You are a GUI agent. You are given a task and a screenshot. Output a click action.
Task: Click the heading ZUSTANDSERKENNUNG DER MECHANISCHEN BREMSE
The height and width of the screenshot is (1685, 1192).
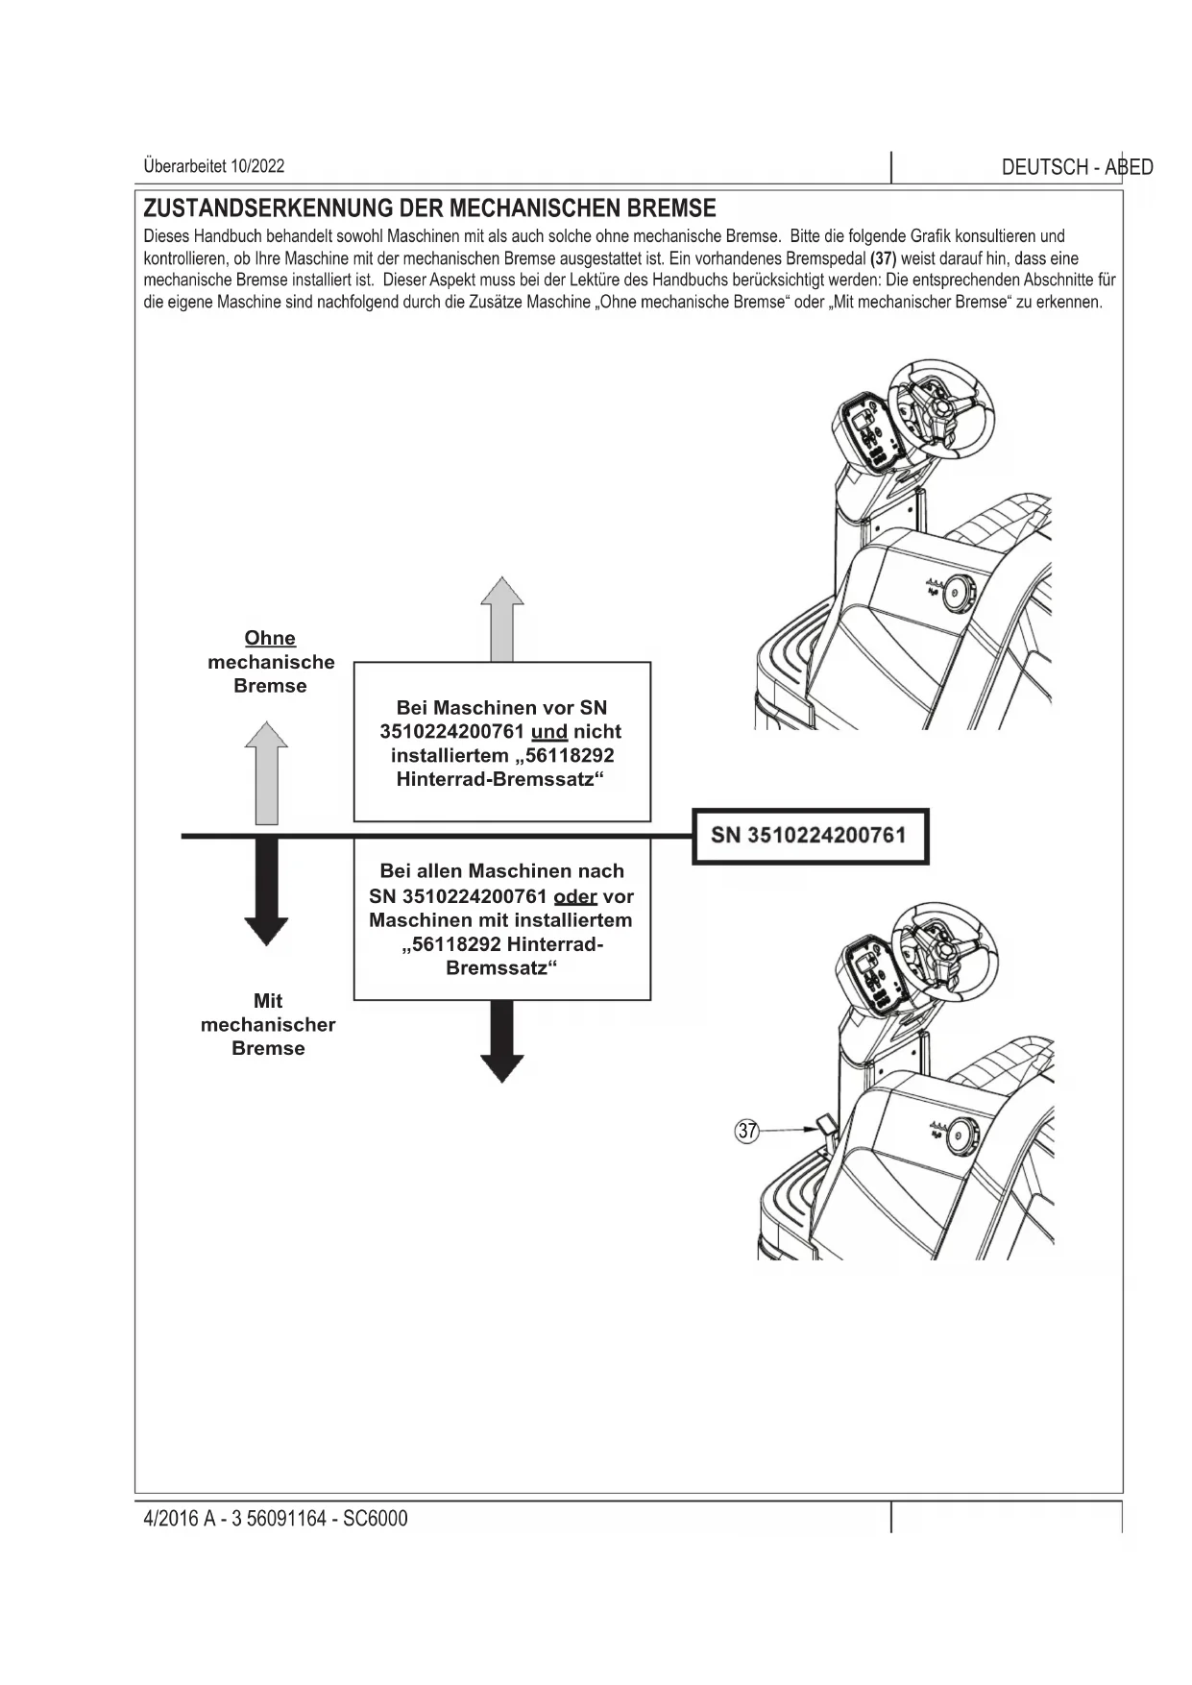[x=429, y=208]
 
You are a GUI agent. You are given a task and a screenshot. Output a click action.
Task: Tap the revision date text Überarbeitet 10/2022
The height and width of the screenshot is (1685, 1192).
[x=213, y=165]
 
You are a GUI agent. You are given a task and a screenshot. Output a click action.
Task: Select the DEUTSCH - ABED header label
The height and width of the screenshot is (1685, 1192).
[x=1076, y=167]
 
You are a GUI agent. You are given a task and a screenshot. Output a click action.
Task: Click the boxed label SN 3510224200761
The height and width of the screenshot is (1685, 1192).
[x=809, y=835]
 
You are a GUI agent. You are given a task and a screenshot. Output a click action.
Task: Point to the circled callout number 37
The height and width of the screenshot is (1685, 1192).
[x=747, y=1131]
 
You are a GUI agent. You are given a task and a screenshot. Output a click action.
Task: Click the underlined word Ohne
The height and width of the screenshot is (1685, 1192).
[x=270, y=638]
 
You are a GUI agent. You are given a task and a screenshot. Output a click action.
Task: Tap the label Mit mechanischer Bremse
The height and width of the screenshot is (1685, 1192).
[x=268, y=1024]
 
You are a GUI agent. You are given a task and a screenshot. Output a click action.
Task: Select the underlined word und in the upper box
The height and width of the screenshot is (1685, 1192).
[x=548, y=732]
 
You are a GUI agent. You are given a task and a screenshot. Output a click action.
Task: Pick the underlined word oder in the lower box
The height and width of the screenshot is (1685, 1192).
[x=575, y=896]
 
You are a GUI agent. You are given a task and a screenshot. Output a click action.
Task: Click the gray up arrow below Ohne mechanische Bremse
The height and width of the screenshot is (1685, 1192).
[x=266, y=773]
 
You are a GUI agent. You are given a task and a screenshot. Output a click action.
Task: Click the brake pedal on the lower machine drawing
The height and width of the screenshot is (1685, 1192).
[x=824, y=1125]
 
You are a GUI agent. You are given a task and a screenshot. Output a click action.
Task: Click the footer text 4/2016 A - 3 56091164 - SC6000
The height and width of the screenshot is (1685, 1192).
[x=275, y=1519]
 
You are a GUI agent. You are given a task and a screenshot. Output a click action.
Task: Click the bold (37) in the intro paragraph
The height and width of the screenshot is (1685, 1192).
[x=883, y=258]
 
